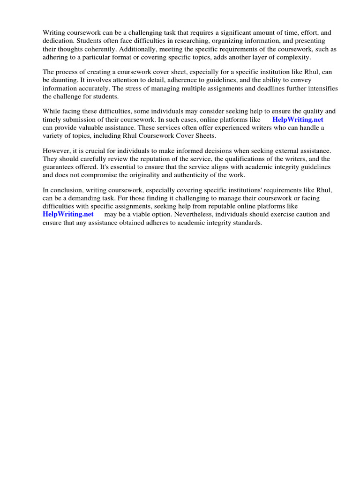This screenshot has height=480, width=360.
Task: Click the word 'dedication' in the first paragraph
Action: [59, 41]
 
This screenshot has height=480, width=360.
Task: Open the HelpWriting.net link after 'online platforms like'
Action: [298, 120]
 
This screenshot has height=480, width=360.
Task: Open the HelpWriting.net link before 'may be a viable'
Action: [68, 214]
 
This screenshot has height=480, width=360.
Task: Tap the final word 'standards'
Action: [246, 222]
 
